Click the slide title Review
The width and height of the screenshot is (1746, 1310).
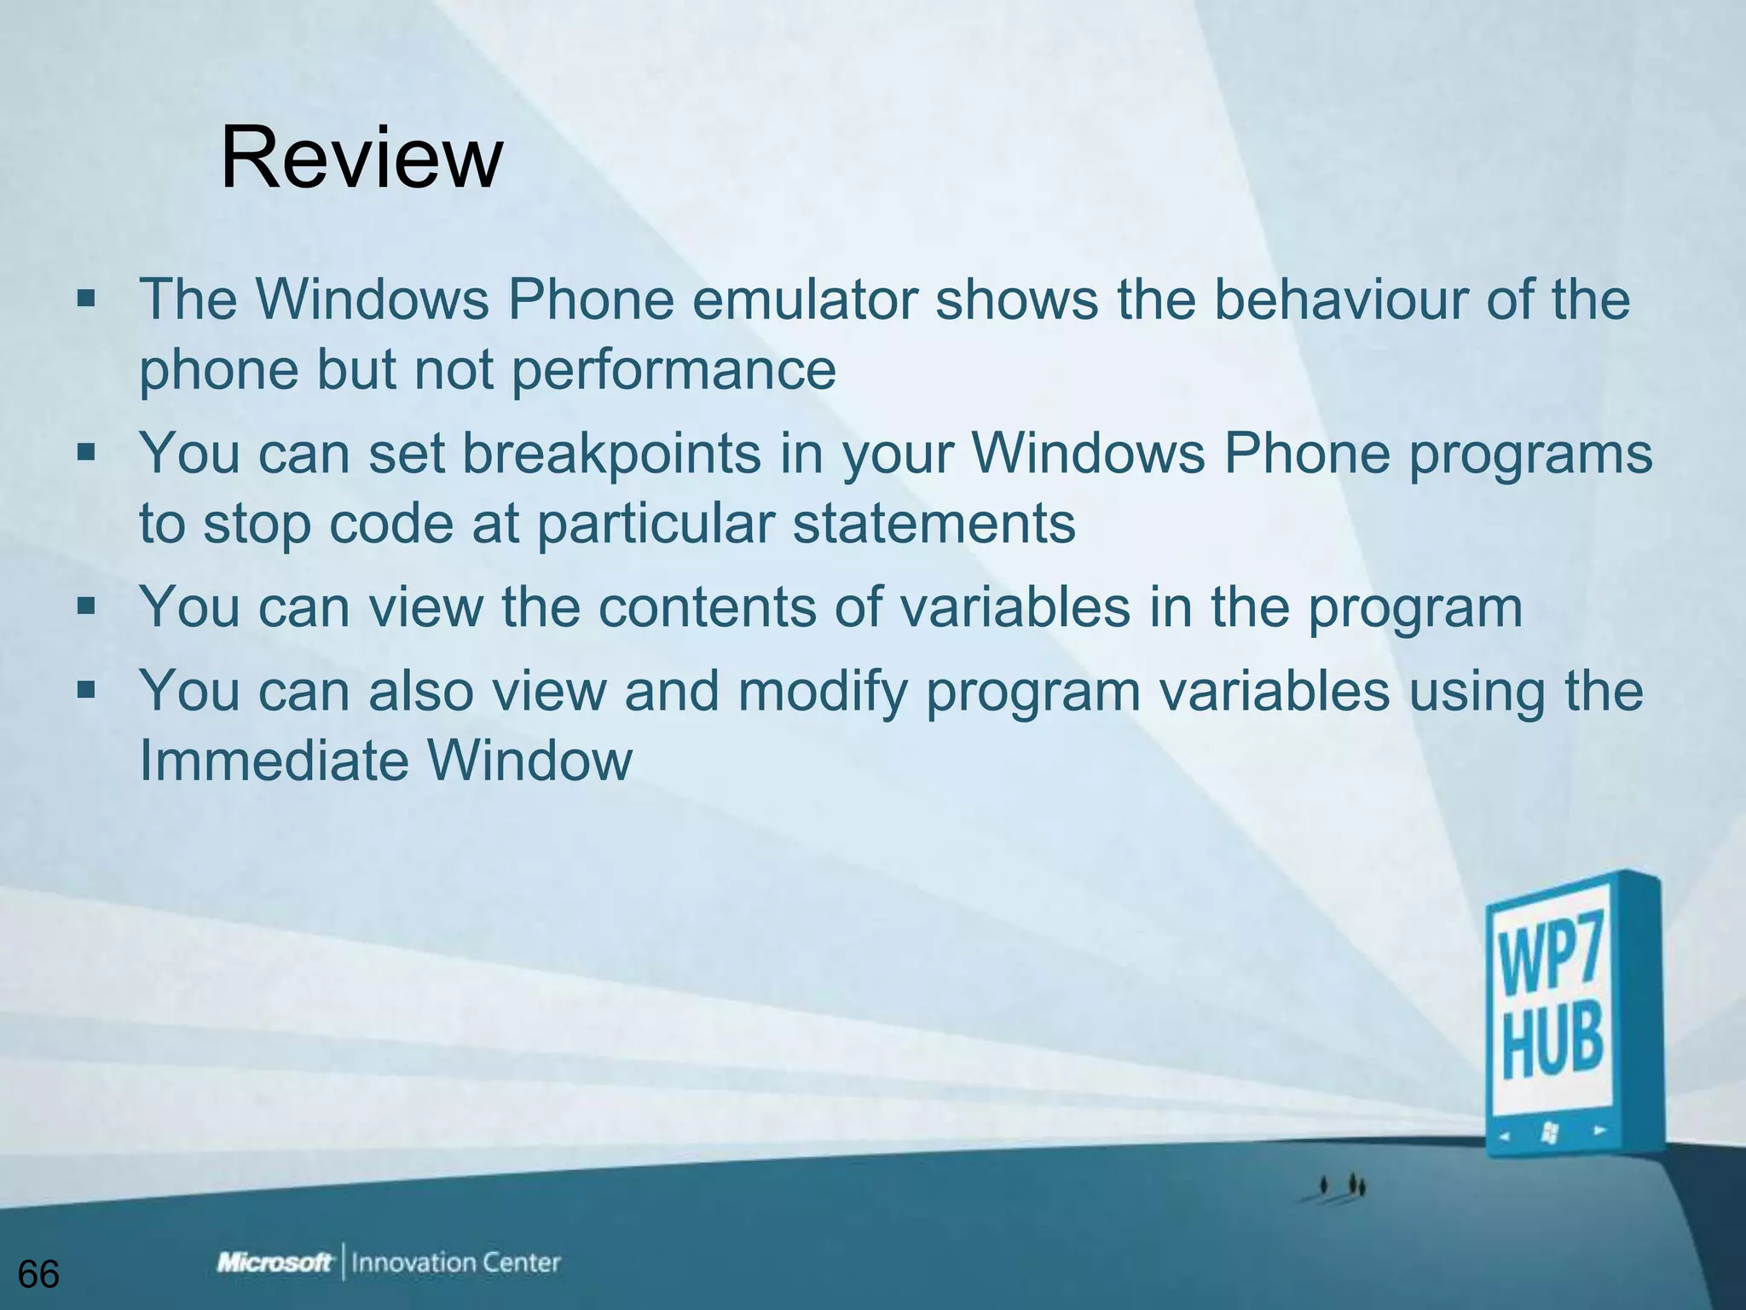[x=361, y=159]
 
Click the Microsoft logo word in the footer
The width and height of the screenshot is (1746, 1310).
[x=275, y=1262]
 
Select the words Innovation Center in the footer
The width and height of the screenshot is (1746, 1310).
[x=456, y=1262]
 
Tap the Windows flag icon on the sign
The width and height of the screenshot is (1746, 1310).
[x=1550, y=1133]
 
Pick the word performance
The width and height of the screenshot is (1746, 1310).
[x=674, y=369]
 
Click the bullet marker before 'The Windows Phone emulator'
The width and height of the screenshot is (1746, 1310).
[x=86, y=299]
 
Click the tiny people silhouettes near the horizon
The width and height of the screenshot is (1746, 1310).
[x=1342, y=1185]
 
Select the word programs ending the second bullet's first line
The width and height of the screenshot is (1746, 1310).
[x=1529, y=453]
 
